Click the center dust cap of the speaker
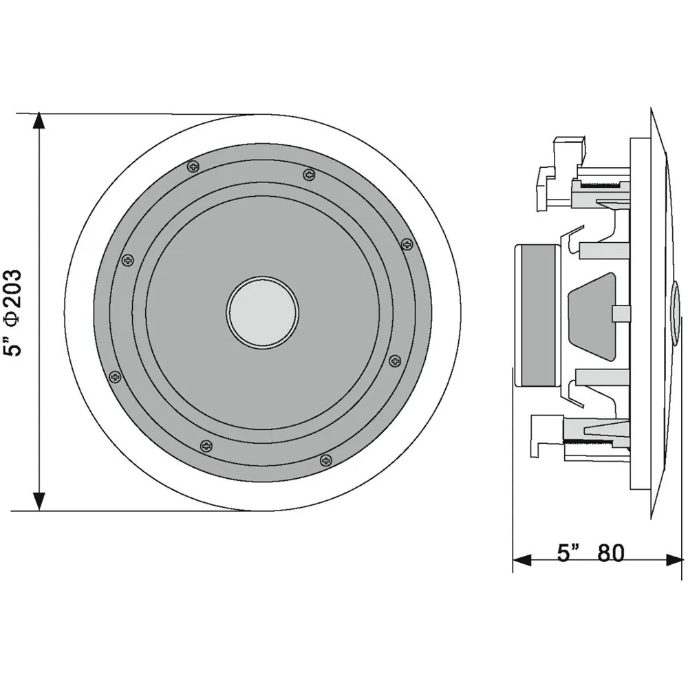(262, 312)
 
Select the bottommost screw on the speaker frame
(325, 460)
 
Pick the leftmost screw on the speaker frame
(115, 376)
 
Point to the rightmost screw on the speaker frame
(407, 244)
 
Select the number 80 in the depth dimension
(611, 553)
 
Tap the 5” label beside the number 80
(568, 553)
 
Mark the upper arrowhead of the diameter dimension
(39, 121)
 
